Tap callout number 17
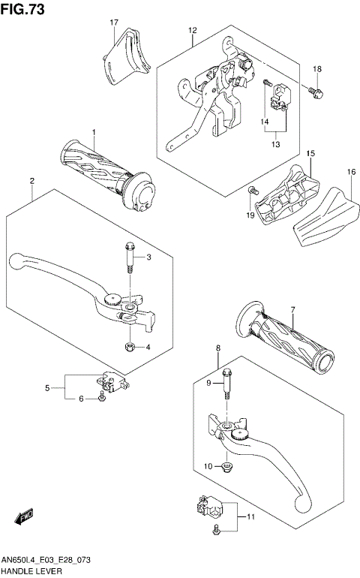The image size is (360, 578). pyautogui.click(x=114, y=23)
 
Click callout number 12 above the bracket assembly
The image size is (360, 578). pyautogui.click(x=192, y=30)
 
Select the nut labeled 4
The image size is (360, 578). pyautogui.click(x=129, y=346)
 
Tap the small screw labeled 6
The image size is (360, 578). pyautogui.click(x=100, y=399)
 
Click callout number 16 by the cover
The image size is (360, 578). pyautogui.click(x=349, y=172)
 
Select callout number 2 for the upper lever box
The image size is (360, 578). pyautogui.click(x=32, y=181)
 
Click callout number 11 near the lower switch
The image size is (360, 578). pyautogui.click(x=250, y=517)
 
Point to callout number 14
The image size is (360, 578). pyautogui.click(x=265, y=121)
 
